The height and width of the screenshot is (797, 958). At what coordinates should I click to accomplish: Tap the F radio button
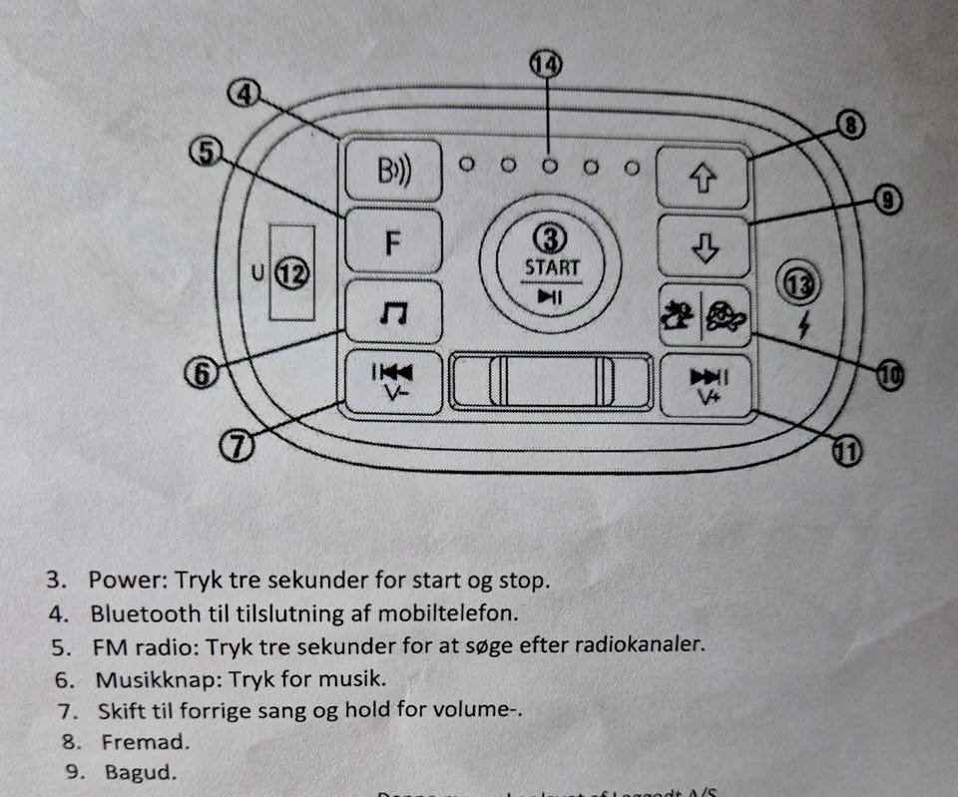[393, 241]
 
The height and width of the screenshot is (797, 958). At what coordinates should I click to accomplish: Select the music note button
[393, 313]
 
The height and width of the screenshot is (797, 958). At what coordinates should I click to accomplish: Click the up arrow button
[704, 177]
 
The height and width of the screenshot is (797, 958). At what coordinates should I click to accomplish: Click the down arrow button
[704, 246]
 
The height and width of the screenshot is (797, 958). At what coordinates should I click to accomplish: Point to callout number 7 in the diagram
[237, 446]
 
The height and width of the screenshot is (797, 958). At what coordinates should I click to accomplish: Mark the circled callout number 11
[846, 451]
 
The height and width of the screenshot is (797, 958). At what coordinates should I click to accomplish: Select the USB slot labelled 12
[292, 272]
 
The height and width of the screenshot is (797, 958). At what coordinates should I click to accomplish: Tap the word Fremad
[144, 741]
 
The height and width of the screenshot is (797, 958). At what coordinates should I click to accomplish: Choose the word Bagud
[139, 771]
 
